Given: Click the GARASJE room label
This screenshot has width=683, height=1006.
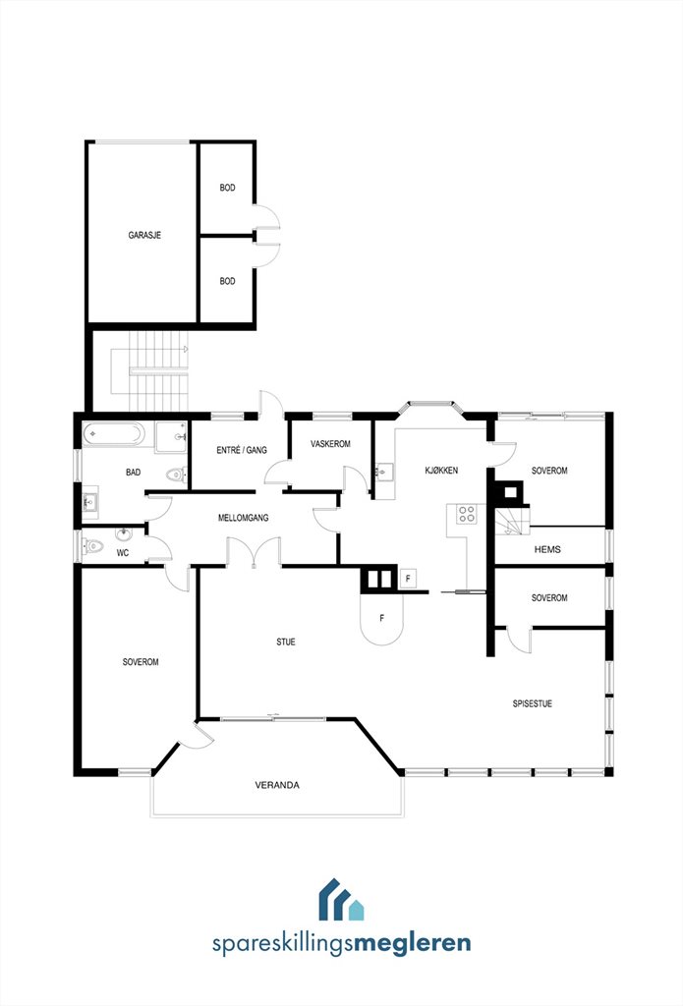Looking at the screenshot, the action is [144, 236].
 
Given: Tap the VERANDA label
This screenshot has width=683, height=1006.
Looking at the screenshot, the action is [277, 785].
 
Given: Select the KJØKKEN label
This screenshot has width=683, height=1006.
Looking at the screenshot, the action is [441, 471].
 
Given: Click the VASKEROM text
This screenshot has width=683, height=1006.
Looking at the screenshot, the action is [330, 444].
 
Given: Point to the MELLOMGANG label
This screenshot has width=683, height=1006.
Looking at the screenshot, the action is [244, 518].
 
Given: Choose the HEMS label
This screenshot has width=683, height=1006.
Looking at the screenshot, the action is [547, 549].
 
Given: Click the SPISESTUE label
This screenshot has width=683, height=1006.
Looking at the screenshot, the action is [532, 703].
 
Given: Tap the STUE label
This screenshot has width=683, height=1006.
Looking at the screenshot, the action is [286, 642].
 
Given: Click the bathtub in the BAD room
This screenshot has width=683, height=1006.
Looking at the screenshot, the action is [114, 434].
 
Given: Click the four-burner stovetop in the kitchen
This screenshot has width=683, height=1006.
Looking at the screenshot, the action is [467, 513].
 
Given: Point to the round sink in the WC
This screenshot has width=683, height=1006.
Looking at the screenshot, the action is [123, 533].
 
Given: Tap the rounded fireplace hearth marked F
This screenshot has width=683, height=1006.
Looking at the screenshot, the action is [382, 618].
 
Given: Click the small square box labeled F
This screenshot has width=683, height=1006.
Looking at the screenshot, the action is [408, 578].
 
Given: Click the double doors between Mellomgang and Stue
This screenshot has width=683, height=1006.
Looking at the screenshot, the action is [255, 553].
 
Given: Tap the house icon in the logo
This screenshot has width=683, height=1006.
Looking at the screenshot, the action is [341, 899].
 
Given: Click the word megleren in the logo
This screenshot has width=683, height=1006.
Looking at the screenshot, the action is [412, 944].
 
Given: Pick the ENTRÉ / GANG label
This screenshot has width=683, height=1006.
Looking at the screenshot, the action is [242, 450].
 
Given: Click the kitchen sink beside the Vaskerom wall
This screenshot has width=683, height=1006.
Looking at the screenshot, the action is [384, 472].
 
